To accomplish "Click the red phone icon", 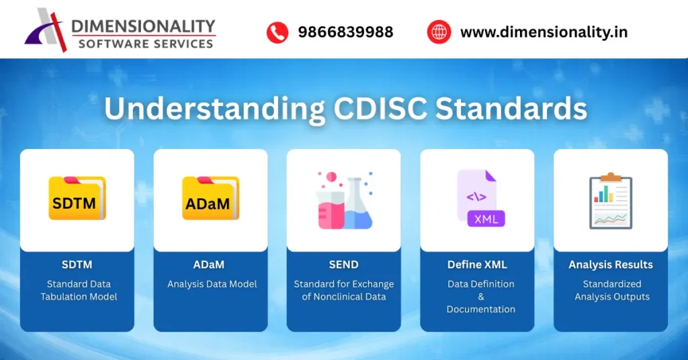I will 277,32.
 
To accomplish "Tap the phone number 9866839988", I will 345,32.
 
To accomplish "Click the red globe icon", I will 438,32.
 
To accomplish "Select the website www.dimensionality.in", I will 544,32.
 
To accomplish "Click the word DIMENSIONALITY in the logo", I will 143,26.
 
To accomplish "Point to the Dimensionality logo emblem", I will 46,30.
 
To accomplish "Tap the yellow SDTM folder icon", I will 77,199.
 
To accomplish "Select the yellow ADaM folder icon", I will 210,199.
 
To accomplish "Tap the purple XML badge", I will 486,219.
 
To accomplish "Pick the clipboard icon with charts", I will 611,201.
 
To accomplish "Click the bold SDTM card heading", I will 77,265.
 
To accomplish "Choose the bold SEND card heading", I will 343,265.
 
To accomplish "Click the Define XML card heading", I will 477,265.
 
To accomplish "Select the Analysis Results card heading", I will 611,265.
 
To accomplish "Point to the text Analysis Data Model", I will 212,284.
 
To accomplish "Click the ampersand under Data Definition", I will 480,297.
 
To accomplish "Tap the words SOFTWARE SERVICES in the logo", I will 145,44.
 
